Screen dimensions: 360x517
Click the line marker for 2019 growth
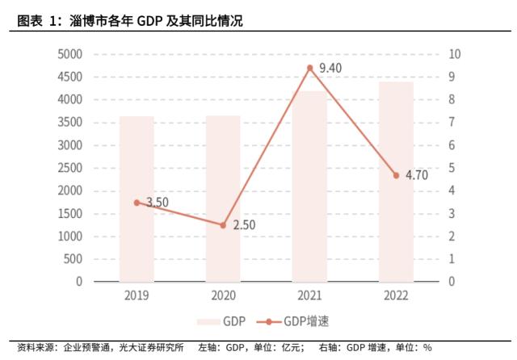point(137,203)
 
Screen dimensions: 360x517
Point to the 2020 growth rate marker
point(224,225)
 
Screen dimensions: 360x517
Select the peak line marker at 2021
point(310,69)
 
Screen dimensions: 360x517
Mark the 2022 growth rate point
point(396,175)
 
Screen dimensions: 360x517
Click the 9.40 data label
point(330,69)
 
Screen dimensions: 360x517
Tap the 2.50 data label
point(244,225)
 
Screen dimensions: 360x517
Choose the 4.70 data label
point(416,175)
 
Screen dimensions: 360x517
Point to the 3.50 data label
point(158,203)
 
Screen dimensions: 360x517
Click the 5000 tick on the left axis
point(69,54)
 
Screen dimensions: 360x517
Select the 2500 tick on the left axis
point(69,168)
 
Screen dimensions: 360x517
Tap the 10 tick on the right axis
point(454,54)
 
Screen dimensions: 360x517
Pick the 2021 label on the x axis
point(310,295)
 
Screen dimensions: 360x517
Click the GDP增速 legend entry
point(296,321)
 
